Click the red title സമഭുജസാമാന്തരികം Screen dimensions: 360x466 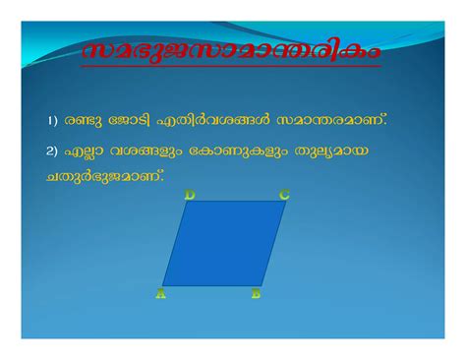tap(232, 51)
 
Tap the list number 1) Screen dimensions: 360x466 tap(51, 120)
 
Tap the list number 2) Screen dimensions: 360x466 tap(52, 151)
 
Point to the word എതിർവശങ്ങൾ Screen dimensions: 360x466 tap(209, 119)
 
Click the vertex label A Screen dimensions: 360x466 tap(160, 293)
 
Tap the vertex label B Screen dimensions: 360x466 tap(256, 293)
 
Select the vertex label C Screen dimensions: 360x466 tap(284, 195)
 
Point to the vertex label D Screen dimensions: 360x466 tap(190, 195)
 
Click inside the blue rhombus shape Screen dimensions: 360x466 tap(222, 244)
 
